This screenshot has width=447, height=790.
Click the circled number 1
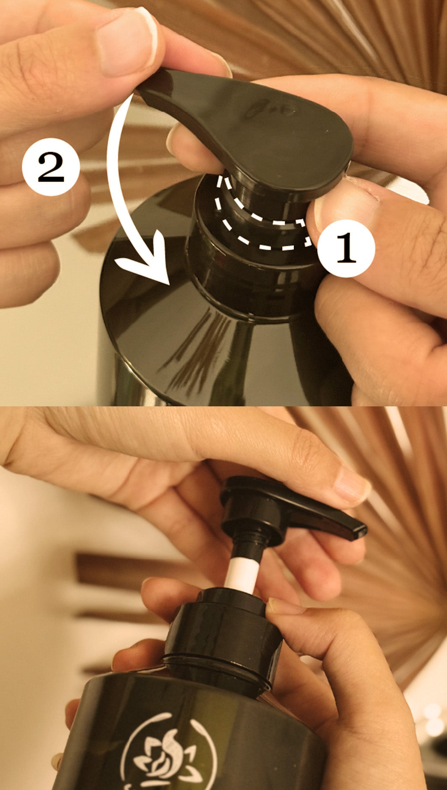pos(345,248)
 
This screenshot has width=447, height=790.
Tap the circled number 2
pos(51,167)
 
